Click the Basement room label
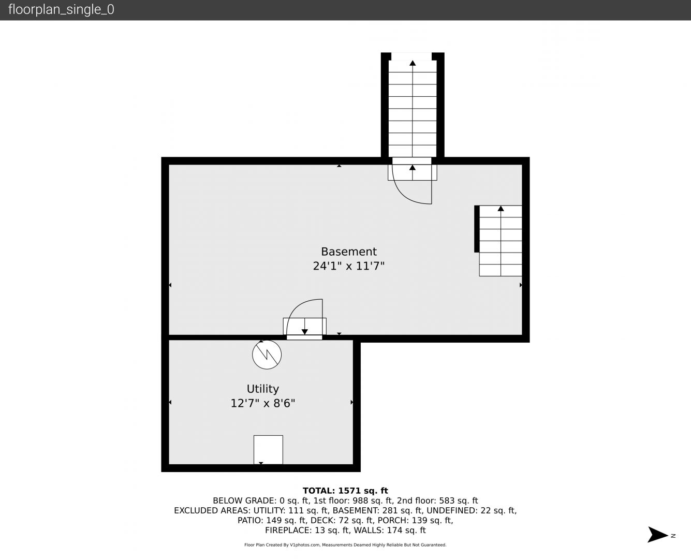pos(349,252)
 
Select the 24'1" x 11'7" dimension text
pos(349,266)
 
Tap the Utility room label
pos(263,389)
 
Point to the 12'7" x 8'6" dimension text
pos(263,403)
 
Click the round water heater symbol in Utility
pos(267,355)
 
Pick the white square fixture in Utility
pos(268,450)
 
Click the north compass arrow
pos(657,535)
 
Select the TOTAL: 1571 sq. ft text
pos(346,491)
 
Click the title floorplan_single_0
pos(61,10)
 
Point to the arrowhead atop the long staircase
pos(413,63)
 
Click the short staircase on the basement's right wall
pos(501,241)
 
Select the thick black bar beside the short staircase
pos(477,229)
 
